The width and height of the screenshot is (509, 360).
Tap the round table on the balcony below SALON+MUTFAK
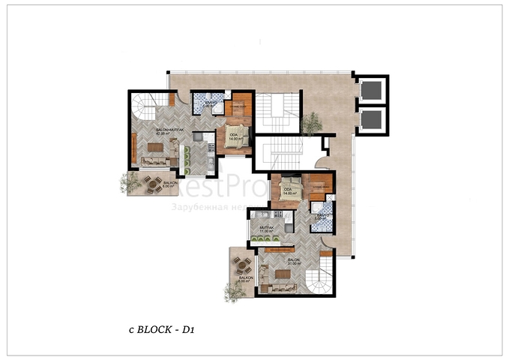click(x=152, y=183)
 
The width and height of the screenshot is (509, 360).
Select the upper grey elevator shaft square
click(x=370, y=91)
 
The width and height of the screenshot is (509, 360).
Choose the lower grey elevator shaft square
click(x=370, y=118)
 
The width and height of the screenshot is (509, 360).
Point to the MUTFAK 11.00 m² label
click(x=265, y=229)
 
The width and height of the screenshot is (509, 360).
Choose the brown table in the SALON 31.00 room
click(x=283, y=274)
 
